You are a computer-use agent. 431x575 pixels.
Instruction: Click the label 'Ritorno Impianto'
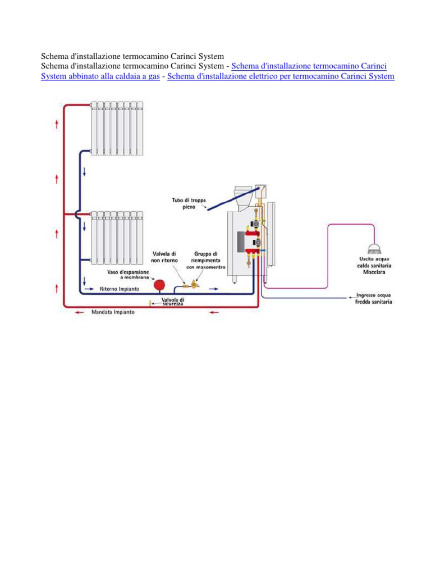(117, 290)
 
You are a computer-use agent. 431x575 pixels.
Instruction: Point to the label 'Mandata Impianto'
(113, 313)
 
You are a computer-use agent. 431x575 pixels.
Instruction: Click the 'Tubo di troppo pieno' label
(189, 203)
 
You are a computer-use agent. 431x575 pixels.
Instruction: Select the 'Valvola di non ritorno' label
(164, 257)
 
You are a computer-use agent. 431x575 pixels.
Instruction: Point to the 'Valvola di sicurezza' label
(173, 302)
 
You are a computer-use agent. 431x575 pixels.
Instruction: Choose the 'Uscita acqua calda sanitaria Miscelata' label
(373, 265)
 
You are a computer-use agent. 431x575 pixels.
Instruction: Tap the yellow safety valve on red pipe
(150, 304)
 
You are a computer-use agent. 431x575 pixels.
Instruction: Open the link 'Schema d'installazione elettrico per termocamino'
(281, 76)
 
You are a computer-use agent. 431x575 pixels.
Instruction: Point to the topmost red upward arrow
(57, 124)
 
